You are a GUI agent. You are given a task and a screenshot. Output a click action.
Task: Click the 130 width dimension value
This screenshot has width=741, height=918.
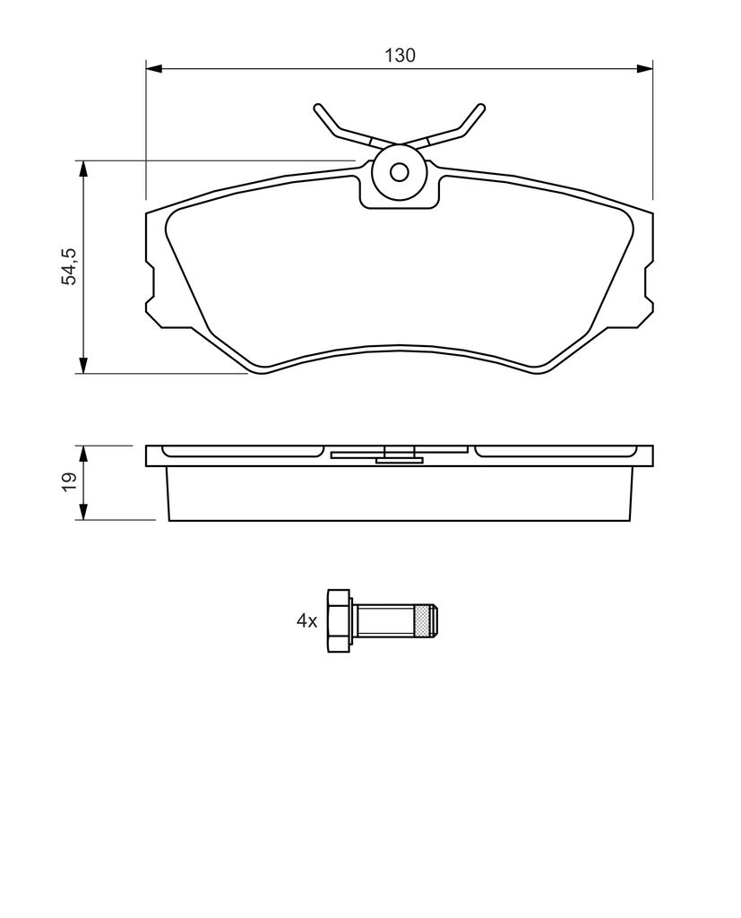[x=400, y=55]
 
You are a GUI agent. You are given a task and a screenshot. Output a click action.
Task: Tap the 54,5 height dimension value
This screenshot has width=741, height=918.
[x=70, y=266]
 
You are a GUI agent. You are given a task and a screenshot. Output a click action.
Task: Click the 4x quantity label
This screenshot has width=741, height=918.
[x=306, y=620]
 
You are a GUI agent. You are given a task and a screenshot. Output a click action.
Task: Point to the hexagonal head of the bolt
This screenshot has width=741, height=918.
[x=339, y=620]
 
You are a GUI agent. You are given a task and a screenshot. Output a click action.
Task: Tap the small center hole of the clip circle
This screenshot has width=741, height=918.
[x=400, y=172]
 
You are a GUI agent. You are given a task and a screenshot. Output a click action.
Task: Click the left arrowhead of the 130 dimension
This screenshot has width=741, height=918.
[x=153, y=68]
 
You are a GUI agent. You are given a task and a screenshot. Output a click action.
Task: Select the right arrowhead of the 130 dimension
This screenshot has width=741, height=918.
[x=644, y=68]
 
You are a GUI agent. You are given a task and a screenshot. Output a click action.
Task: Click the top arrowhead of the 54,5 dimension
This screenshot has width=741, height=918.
[x=83, y=169]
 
